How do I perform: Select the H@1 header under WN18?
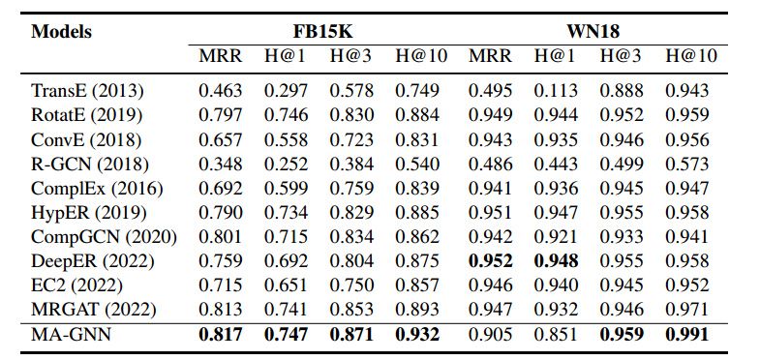556,57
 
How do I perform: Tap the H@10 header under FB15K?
419,57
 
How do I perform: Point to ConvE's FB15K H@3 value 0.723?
351,140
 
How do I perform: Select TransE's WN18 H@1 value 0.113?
556,92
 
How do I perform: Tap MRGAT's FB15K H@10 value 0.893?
419,311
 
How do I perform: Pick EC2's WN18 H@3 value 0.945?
622,286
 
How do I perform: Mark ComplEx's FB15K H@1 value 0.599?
286,189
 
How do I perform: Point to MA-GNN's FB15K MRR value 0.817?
219,335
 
